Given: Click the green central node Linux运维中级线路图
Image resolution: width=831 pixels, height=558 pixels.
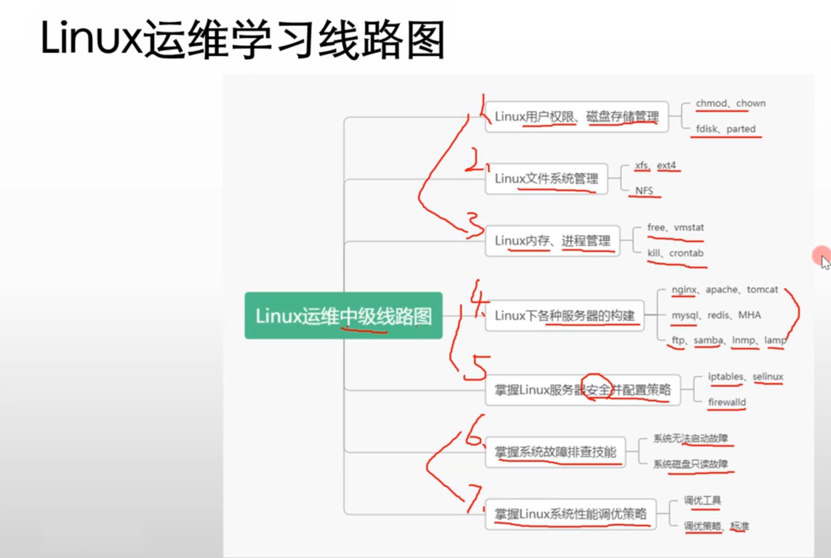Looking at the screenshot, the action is [343, 316].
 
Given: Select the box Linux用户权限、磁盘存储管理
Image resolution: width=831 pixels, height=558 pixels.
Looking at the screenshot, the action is [577, 116].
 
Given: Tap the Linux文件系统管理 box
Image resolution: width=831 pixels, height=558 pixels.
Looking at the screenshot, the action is [546, 179].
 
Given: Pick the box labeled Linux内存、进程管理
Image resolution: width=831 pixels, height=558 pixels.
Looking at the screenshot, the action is [552, 241].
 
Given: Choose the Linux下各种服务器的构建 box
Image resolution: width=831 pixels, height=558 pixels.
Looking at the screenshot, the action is [565, 316].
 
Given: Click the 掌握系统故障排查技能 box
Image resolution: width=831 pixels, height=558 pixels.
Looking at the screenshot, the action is [555, 452].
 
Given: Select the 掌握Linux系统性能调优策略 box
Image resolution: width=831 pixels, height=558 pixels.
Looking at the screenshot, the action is [571, 514].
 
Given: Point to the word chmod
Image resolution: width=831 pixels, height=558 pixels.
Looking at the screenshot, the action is [711, 103].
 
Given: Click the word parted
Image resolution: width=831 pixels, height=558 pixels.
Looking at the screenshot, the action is [741, 129].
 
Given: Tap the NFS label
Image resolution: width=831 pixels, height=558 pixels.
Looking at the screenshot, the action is [644, 191].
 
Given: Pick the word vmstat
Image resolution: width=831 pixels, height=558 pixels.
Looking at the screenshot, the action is [689, 228].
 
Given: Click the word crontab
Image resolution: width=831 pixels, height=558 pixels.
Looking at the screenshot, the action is [686, 253].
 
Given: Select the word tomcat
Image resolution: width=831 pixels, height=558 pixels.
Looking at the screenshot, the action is [762, 290].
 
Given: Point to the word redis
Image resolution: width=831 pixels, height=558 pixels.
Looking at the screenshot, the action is [718, 315].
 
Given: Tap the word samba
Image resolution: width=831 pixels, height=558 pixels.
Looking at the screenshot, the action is [708, 340].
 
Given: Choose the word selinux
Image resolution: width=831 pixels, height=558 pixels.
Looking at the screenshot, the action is [768, 377].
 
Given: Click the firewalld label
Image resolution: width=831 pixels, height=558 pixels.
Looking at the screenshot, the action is [727, 402].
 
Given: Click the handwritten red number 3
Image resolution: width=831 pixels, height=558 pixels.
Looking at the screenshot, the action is [475, 224].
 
